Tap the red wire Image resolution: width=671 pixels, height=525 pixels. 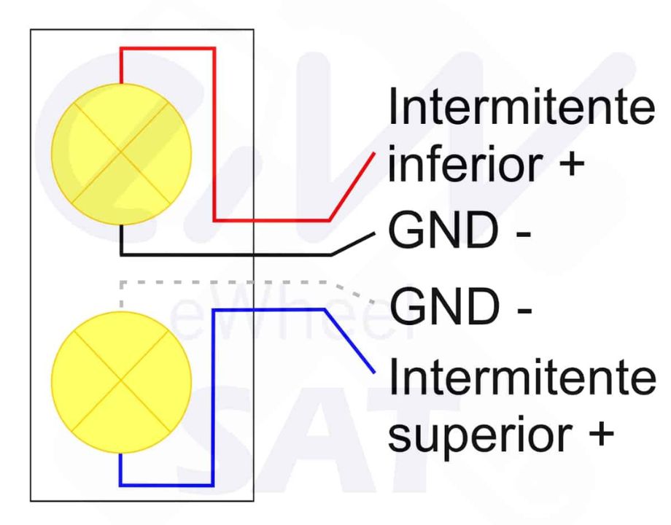[x=214, y=131]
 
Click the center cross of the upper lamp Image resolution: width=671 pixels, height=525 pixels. [x=121, y=153]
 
